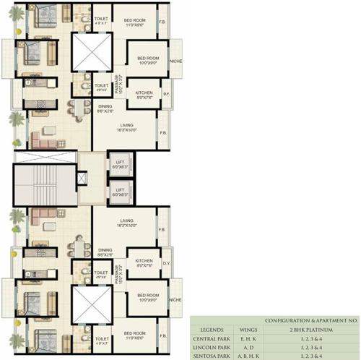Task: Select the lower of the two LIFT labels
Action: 120,192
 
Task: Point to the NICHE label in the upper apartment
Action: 175,61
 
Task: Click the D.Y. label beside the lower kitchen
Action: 165,263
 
